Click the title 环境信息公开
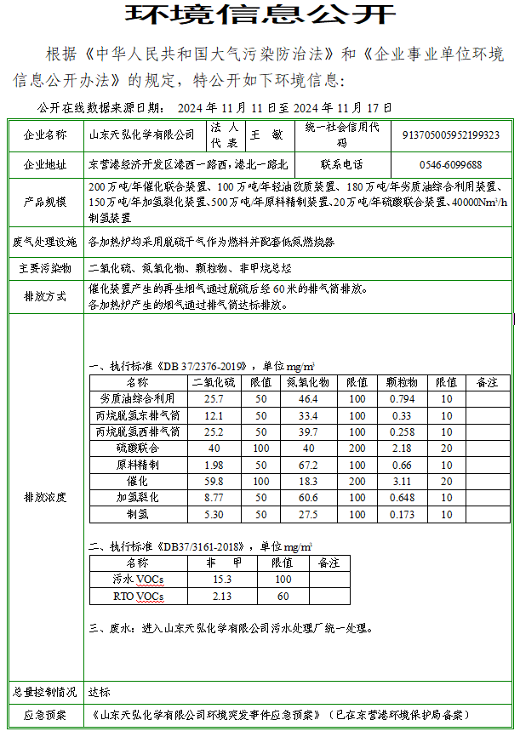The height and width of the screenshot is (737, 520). click(260, 14)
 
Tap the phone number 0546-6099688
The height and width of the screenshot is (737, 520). click(450, 164)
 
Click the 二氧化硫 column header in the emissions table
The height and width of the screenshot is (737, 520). click(214, 383)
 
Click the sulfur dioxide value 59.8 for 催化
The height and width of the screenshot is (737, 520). click(214, 482)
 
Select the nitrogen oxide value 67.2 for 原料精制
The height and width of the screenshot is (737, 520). click(308, 466)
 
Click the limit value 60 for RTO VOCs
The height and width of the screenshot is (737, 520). click(283, 596)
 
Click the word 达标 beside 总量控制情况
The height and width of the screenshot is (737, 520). click(100, 692)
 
